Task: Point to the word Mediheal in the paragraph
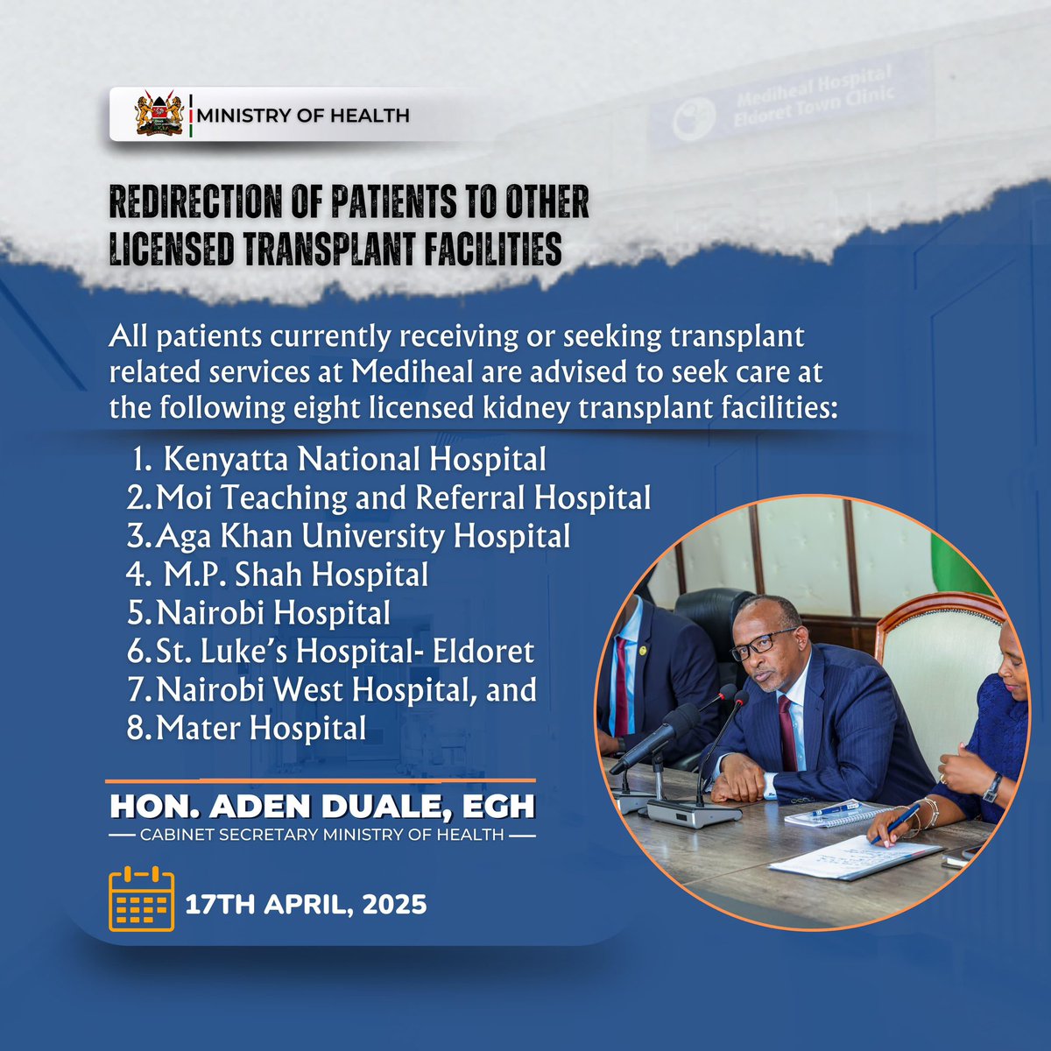point(410,372)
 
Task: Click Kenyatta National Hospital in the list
point(355,460)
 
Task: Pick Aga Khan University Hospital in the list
point(363,536)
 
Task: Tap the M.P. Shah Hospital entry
point(296,575)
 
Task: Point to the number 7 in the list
point(136,691)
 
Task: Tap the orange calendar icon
point(141,899)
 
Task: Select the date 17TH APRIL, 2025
point(306,904)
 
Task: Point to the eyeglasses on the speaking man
point(764,644)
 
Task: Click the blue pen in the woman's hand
point(895,824)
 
